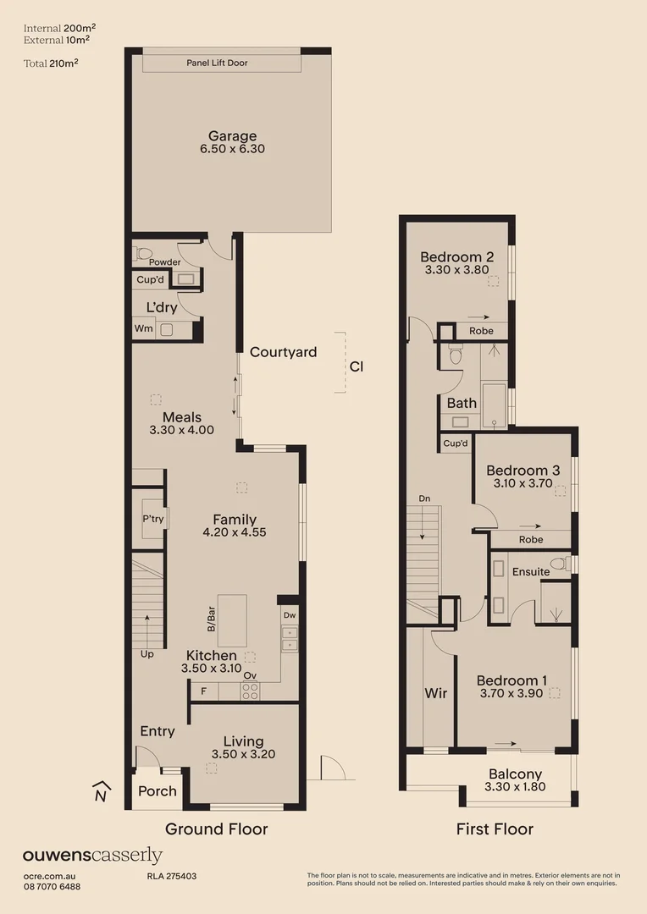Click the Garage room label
tap(232, 136)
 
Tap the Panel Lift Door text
tap(217, 63)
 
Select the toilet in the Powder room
tap(144, 252)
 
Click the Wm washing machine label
tap(143, 329)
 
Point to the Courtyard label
tap(283, 352)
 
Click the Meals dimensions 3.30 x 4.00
tap(181, 430)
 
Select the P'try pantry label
tap(152, 519)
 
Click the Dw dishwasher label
tap(290, 616)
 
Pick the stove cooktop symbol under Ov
tap(250, 691)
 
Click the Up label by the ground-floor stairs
tap(147, 654)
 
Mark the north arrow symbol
tap(101, 791)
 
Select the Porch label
tap(158, 791)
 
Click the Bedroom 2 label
tap(457, 257)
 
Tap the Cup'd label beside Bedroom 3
tap(455, 443)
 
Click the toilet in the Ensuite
tap(559, 564)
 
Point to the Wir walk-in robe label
tap(436, 693)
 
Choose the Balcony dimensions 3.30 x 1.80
tap(515, 787)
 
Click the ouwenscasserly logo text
tap(92, 856)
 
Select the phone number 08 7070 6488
tap(52, 886)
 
